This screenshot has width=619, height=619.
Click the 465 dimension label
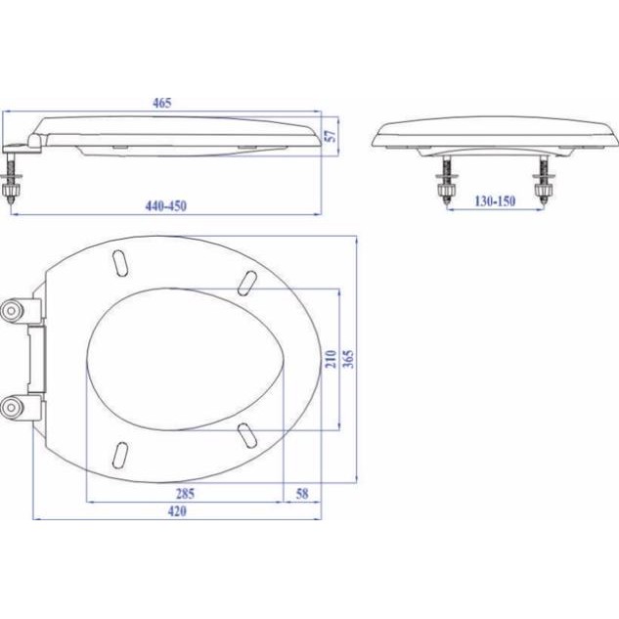162,103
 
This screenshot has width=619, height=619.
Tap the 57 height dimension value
331,136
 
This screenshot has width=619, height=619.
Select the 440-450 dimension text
166,206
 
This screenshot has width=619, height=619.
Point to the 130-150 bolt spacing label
495,201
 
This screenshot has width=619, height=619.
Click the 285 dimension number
185,494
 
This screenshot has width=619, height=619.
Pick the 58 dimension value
302,494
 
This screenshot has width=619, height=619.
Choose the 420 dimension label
177,511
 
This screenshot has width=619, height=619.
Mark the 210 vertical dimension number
331,359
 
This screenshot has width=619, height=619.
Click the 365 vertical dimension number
348,359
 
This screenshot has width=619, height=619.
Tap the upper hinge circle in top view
11,311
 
